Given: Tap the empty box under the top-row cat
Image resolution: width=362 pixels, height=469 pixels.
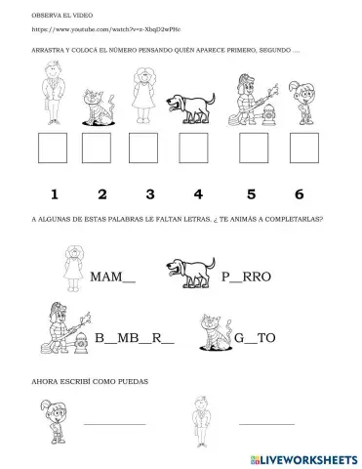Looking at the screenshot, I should (x=98, y=147).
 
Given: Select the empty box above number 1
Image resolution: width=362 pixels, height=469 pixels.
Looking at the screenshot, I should (x=52, y=147).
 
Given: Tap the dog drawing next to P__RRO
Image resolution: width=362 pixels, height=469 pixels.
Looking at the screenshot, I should (x=183, y=273).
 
